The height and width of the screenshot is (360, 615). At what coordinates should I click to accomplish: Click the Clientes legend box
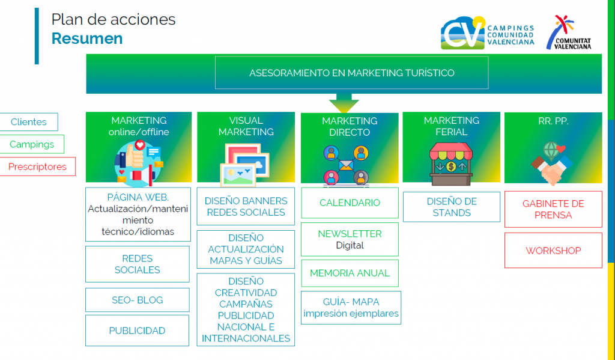pos(29,121)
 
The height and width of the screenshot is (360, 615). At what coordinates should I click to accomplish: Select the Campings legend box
pos(32,144)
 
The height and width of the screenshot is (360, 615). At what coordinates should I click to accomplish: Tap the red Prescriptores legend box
pos(37,166)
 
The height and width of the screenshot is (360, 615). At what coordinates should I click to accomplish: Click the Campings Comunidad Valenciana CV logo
pos(487,33)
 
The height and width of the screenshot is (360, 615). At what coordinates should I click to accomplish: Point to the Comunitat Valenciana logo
pos(568,32)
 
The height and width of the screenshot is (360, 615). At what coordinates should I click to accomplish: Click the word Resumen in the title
pos(87,38)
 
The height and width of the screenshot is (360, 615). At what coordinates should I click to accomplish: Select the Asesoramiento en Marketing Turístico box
pos(351,73)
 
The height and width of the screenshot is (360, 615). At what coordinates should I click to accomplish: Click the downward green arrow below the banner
pos(344,103)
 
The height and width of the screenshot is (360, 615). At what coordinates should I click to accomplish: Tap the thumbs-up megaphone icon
pos(139,163)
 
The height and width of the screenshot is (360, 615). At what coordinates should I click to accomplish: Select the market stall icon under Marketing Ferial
pos(451,164)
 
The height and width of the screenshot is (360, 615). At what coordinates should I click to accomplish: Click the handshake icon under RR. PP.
pos(552,163)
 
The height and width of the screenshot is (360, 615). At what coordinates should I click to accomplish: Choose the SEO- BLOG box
pos(138,300)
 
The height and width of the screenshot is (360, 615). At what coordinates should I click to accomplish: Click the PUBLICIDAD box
pos(138,331)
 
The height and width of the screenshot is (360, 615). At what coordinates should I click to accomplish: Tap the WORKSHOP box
pos(553,251)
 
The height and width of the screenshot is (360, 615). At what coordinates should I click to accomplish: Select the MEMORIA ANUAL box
pos(350,273)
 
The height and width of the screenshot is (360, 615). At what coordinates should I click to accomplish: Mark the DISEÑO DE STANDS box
pos(452,207)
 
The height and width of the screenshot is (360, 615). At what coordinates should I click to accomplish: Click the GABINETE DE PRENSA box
pos(553,209)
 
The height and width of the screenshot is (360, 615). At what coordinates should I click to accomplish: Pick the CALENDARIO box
pos(350,203)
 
